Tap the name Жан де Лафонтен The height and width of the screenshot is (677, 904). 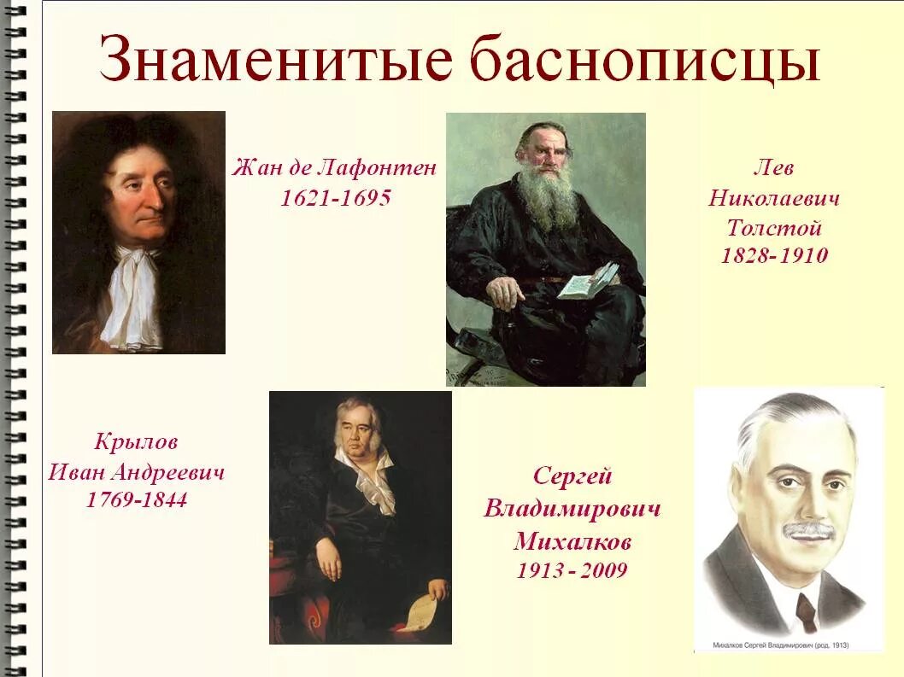pos(334,168)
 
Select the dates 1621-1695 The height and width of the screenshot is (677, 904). pos(336,198)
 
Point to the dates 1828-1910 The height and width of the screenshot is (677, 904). pos(774,255)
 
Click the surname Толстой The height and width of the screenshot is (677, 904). pos(774,228)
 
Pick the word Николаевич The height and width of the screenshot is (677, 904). pos(774,199)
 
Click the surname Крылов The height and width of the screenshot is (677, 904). pos(137,443)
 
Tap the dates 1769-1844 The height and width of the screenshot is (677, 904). pos(137,500)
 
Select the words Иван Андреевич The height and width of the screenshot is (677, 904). pos(137,472)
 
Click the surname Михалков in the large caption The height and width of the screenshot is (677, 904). pos(572,542)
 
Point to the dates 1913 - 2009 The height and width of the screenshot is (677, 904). pos(572,570)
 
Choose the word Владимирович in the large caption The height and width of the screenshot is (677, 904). pos(572,510)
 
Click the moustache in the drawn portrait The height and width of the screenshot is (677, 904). pos(808,531)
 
